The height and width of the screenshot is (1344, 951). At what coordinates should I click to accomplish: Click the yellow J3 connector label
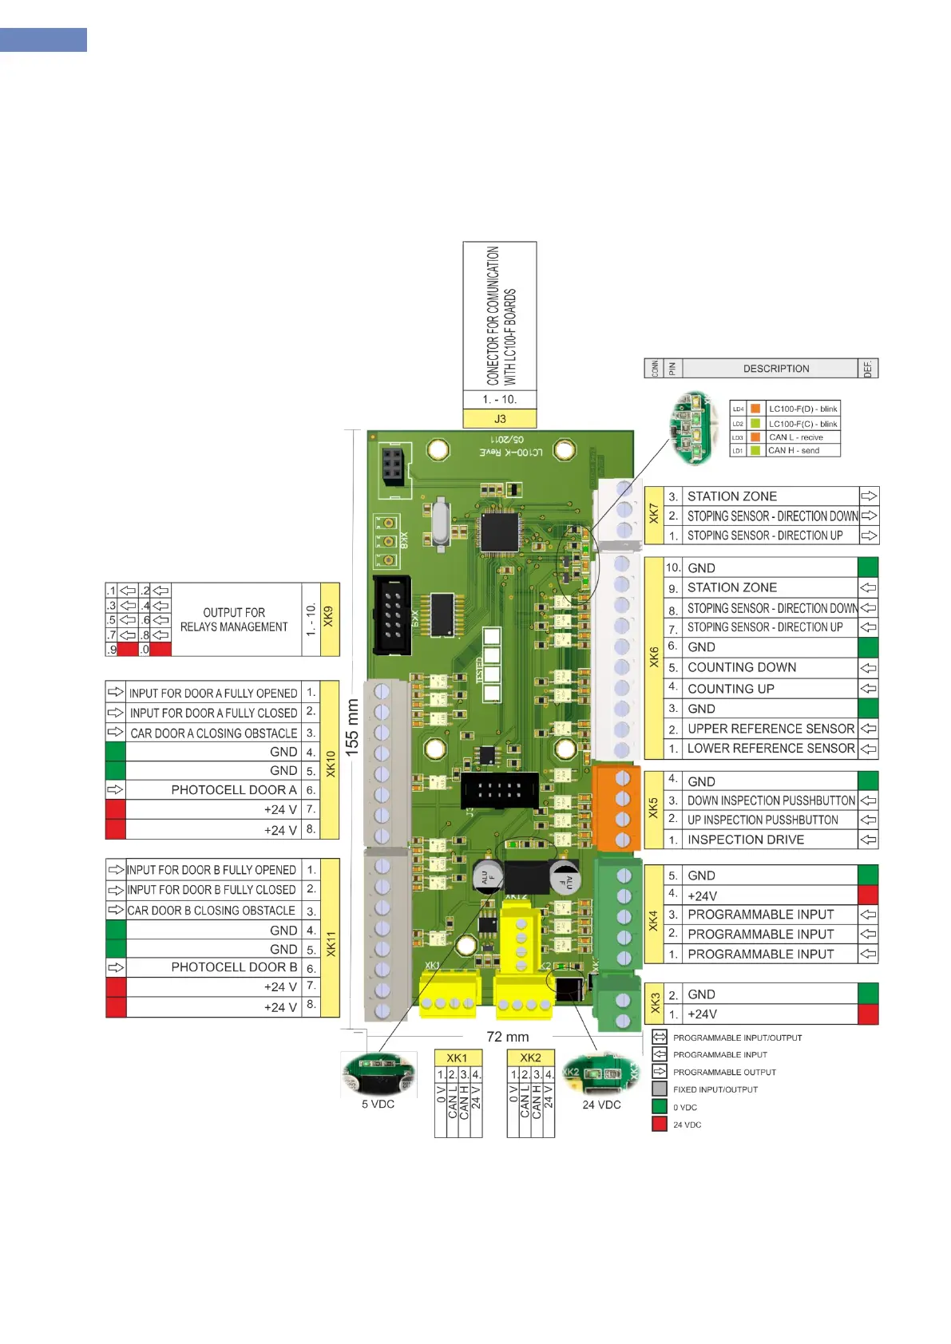tap(499, 418)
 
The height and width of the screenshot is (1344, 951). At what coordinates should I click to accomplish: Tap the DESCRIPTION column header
tap(775, 369)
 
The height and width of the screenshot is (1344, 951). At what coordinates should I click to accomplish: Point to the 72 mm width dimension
tap(508, 1037)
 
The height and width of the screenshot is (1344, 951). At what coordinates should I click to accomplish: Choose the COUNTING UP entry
tap(731, 689)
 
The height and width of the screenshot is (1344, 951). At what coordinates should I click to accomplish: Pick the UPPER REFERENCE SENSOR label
tap(771, 729)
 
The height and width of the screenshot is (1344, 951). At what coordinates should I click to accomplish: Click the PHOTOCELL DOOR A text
tap(234, 790)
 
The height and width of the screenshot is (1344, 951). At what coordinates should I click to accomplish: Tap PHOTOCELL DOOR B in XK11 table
tap(234, 967)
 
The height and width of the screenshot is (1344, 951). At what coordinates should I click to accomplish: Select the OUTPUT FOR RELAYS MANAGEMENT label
tap(234, 619)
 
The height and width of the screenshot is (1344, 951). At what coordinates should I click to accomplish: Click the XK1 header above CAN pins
tap(458, 1058)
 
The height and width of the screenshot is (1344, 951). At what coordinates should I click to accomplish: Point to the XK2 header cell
tap(530, 1058)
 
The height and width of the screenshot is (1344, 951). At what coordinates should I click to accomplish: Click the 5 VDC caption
tap(378, 1105)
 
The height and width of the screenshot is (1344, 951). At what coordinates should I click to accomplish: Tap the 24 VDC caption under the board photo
tap(601, 1105)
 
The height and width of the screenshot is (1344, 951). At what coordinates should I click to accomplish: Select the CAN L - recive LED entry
tap(795, 437)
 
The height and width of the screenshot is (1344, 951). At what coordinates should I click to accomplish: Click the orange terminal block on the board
tap(616, 808)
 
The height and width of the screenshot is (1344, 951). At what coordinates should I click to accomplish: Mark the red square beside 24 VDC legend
tap(660, 1124)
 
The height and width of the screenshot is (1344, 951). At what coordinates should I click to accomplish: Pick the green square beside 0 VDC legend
tap(660, 1106)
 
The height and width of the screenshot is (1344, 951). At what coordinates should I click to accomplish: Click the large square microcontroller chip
tap(499, 532)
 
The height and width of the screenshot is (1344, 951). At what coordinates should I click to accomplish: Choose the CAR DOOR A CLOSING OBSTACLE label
tap(213, 733)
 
